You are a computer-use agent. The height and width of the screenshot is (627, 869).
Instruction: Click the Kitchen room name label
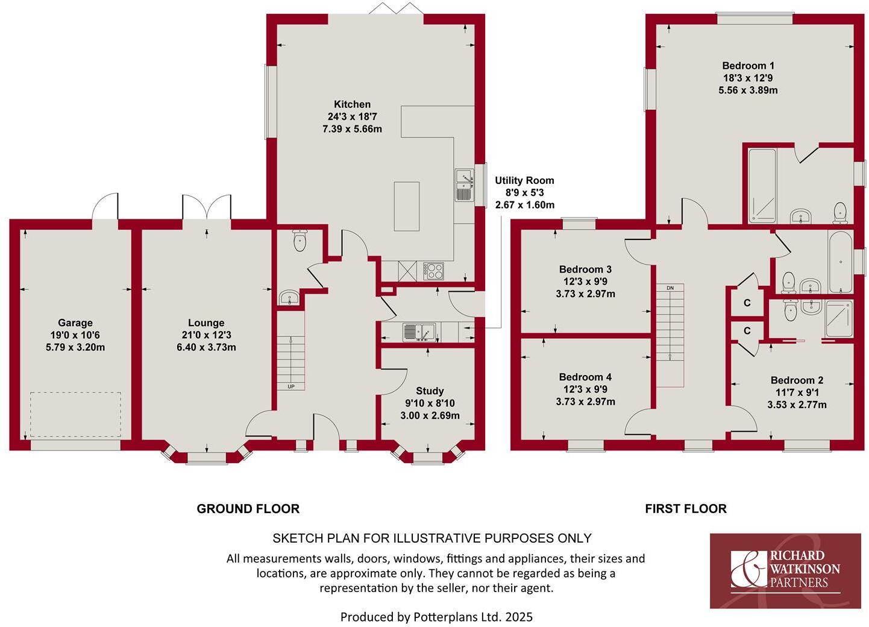[x=352, y=104]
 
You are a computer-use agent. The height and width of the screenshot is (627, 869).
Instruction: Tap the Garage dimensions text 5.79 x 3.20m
[x=75, y=347]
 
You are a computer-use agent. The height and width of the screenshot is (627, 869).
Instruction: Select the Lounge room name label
[x=206, y=323]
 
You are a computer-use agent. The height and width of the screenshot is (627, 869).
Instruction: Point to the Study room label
[x=430, y=391]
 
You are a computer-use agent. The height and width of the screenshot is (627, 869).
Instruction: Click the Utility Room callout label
[x=524, y=180]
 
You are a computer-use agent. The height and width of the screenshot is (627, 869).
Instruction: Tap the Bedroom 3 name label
[x=585, y=269]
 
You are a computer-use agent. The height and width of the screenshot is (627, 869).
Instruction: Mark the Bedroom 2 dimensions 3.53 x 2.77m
[x=797, y=405]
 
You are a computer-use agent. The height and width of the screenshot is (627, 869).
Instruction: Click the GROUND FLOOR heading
[x=248, y=509]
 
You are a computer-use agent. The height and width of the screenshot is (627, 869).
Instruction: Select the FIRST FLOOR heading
[x=685, y=509]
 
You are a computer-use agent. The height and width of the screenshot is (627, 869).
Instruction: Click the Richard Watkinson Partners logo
[x=785, y=570]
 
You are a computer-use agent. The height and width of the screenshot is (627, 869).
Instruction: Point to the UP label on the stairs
[x=291, y=386]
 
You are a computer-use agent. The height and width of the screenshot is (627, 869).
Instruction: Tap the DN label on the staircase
[x=670, y=288]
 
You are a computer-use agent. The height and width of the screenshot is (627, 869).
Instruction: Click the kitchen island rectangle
[x=407, y=206]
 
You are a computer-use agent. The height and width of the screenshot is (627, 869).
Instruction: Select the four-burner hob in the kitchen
[x=433, y=271]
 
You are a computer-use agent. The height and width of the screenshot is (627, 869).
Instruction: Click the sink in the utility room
[x=419, y=332]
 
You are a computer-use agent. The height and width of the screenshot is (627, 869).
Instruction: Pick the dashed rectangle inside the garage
[x=75, y=415]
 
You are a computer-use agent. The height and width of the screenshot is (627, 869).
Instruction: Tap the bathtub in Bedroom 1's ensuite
[x=762, y=186]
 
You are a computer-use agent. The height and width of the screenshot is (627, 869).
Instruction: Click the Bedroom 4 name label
[x=585, y=377]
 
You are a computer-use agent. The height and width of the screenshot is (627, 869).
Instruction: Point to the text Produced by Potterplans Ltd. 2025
[x=436, y=617]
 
